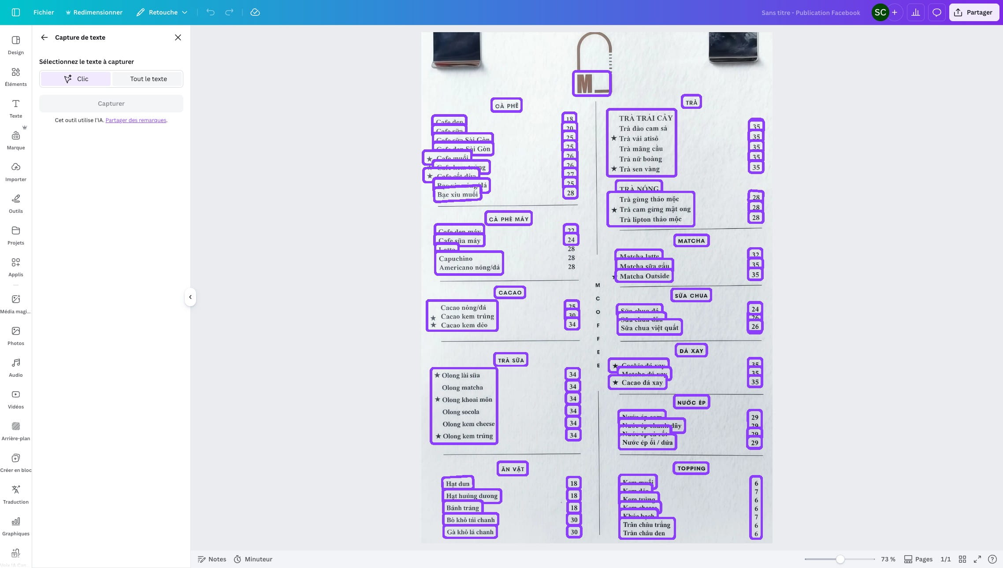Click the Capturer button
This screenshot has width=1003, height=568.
(x=111, y=104)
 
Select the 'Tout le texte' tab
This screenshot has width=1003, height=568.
(x=148, y=79)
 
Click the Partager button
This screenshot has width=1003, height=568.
(x=973, y=12)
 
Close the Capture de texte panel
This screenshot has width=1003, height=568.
(x=178, y=37)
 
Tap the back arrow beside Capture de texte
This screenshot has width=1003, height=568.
(x=45, y=37)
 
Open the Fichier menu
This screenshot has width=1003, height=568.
(x=44, y=12)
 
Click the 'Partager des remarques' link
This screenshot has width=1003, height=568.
(x=136, y=120)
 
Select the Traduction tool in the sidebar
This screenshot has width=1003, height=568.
(x=16, y=494)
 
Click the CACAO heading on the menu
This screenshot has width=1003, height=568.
(x=510, y=293)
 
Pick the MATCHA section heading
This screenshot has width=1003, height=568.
(x=691, y=241)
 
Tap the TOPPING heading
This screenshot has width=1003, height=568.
(x=691, y=468)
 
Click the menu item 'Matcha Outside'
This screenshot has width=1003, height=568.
(x=644, y=276)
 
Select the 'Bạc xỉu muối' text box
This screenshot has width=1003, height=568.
(x=457, y=194)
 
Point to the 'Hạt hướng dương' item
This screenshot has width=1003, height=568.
(x=472, y=496)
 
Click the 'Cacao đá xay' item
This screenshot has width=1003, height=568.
(x=642, y=382)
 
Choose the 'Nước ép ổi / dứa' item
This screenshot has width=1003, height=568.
(x=647, y=442)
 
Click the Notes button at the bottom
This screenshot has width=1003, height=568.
(x=212, y=559)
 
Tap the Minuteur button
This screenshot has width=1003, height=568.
(x=253, y=559)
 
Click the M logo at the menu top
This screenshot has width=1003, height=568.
(x=591, y=83)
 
